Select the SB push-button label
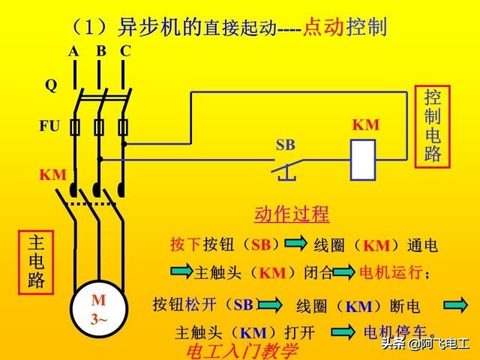click(x=286, y=143)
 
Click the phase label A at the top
click(x=73, y=51)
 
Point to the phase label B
click(x=100, y=51)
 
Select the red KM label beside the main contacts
click(x=52, y=175)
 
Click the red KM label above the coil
click(x=365, y=124)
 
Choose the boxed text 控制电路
click(x=433, y=127)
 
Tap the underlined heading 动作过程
click(x=292, y=214)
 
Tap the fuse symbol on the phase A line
click(x=75, y=127)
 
